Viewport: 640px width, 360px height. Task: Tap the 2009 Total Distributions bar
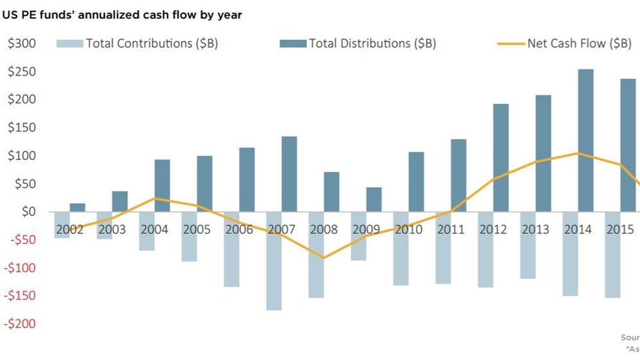point(374,199)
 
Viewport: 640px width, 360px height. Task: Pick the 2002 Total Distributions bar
point(77,207)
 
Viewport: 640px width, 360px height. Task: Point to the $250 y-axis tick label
point(22,72)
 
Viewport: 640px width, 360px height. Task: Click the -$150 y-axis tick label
point(20,295)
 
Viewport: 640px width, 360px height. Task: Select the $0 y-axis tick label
point(28,211)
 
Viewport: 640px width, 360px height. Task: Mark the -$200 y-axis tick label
point(20,323)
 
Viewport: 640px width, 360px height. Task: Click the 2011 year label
point(451,229)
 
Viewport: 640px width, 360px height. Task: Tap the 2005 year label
point(197,229)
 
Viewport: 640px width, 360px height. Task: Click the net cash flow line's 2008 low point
point(324,258)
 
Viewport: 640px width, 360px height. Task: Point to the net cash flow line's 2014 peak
point(578,153)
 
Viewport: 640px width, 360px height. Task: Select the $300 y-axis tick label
point(22,43)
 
